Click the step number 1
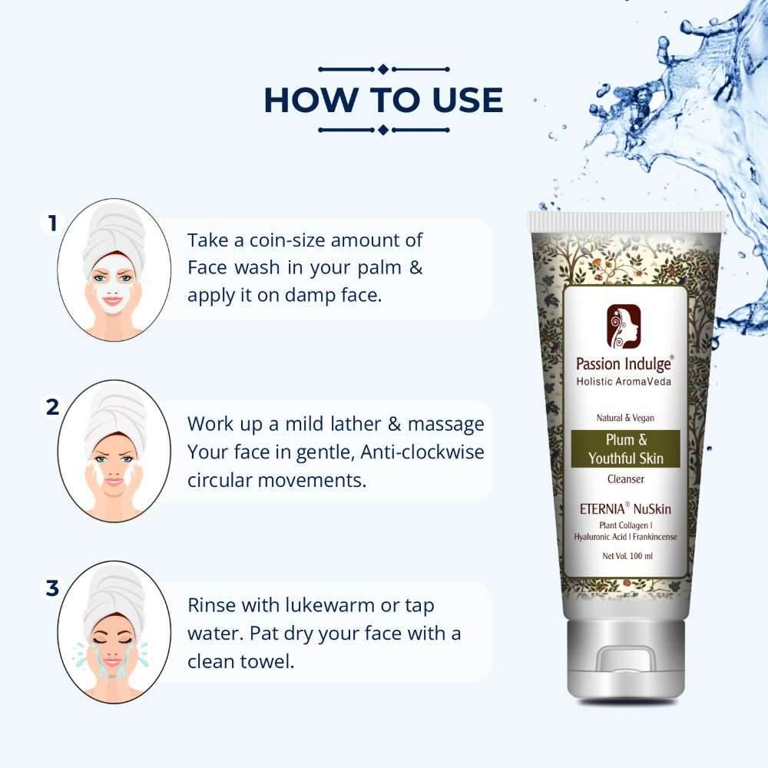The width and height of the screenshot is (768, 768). coord(52,223)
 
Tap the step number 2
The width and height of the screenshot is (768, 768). coord(52,407)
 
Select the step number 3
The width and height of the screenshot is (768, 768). coord(52,588)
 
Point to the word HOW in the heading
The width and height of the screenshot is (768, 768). coord(310,101)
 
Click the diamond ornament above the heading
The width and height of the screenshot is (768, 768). coord(383,69)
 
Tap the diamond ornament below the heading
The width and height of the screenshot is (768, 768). coord(383,130)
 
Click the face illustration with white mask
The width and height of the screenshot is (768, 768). coord(114,270)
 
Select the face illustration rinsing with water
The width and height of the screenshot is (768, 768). coord(114,632)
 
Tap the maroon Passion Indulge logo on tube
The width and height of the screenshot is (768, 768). coord(624,326)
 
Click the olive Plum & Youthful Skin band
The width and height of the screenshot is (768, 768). coord(625,449)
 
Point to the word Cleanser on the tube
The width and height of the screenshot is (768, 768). coord(625,479)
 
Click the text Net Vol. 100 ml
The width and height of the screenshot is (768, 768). coord(627,556)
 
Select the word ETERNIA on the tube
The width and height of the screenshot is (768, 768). coord(602,509)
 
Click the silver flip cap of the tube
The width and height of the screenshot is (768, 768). coord(625,659)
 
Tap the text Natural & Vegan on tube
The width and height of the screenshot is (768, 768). coord(625,418)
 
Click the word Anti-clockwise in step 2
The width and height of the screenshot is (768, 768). coord(422,452)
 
